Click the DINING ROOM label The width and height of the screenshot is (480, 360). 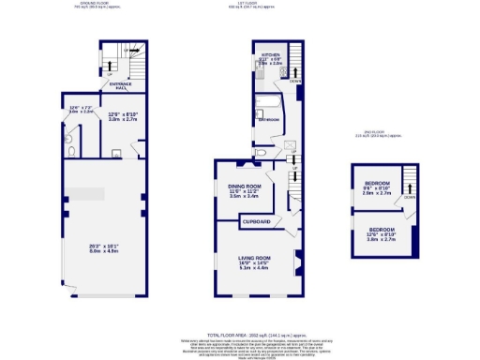tap(244, 187)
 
